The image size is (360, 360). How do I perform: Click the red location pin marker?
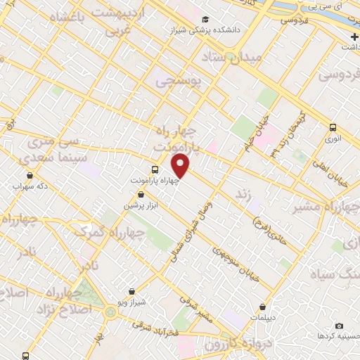pos(181,165)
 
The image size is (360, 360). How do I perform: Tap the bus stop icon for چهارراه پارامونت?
pos(155,169)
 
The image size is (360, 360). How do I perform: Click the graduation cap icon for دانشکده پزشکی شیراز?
pos(205,20)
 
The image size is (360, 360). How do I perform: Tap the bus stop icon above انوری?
pos(333,127)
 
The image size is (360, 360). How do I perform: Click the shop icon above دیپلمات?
pos(262,307)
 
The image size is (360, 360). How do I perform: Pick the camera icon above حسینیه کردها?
pos(340,326)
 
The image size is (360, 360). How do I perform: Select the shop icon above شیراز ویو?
pos(132,291)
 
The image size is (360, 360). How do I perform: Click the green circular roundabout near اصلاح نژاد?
pos(110,311)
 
